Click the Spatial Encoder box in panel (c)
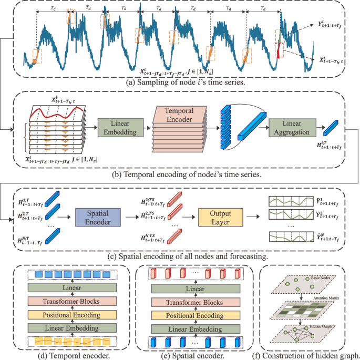tap(98, 217)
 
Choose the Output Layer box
tap(221, 217)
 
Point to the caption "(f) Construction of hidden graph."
tap(308, 355)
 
